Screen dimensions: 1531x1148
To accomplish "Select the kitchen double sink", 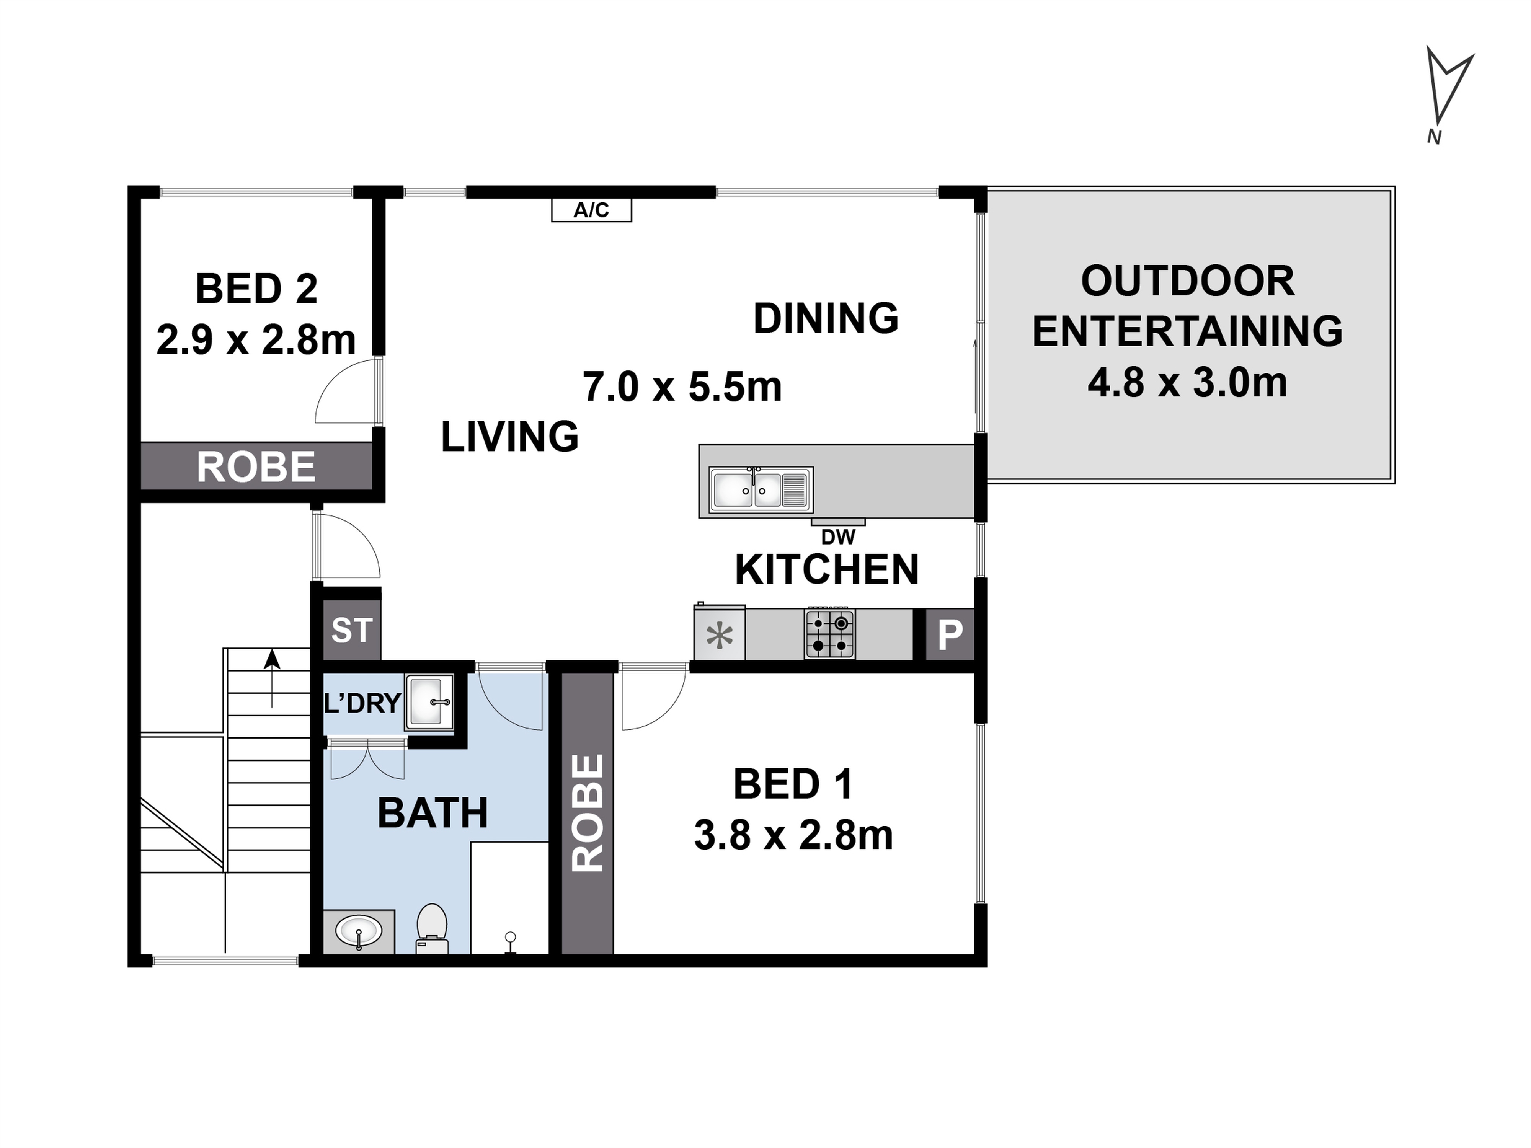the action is click(761, 489).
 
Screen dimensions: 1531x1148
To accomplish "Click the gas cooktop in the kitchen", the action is click(829, 634).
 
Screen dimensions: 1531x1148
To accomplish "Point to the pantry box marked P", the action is click(950, 634).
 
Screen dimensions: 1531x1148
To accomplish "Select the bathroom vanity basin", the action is click(359, 931).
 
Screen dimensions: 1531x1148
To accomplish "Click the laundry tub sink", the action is click(429, 702).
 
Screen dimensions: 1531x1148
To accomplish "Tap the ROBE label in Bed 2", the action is click(256, 467).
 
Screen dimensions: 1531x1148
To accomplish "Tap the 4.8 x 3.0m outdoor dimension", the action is click(1188, 383).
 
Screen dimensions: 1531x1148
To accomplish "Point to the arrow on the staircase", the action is click(273, 678).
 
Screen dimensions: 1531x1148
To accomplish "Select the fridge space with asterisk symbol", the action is click(720, 634).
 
